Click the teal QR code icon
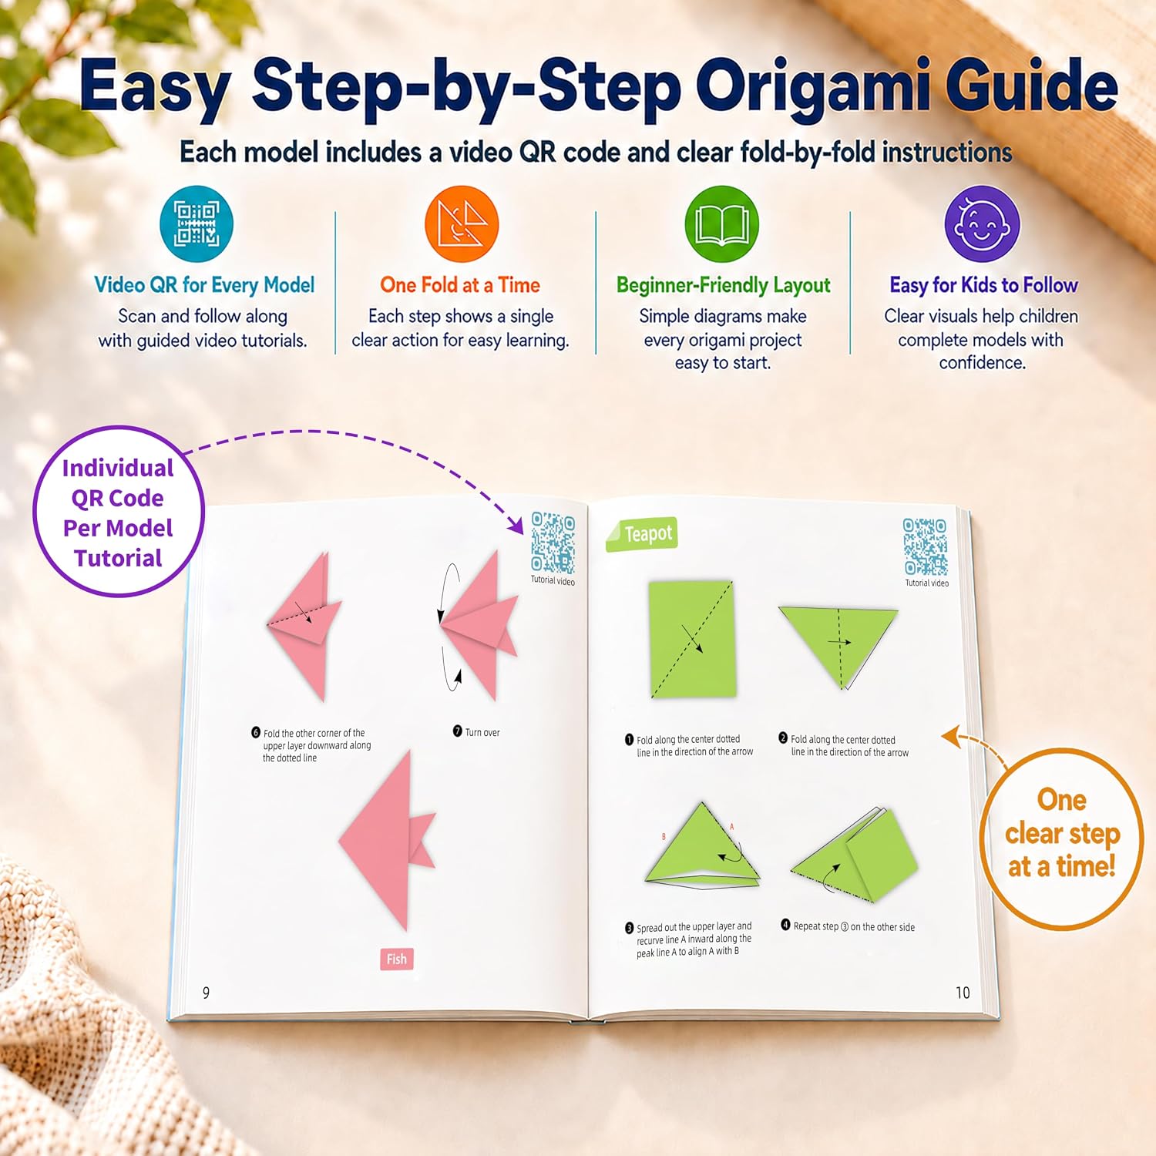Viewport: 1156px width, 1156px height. [197, 224]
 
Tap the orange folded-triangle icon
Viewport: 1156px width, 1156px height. [462, 224]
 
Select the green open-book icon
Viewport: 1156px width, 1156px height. [722, 224]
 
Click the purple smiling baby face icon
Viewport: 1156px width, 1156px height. [982, 224]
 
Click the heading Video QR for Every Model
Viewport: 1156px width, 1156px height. [204, 285]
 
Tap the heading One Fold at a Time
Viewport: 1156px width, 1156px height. [460, 285]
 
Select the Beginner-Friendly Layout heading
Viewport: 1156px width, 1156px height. [724, 286]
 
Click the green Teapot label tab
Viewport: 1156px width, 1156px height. [642, 534]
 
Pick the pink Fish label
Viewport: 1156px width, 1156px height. [397, 959]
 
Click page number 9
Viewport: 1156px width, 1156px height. [206, 993]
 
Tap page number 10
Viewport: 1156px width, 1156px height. [963, 993]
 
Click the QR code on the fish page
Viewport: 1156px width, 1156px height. [553, 543]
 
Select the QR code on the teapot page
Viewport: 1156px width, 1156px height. [926, 546]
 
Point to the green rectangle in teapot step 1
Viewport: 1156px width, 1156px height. [691, 640]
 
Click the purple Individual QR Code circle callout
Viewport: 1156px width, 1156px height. [119, 512]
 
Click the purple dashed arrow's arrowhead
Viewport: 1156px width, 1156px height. [516, 527]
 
